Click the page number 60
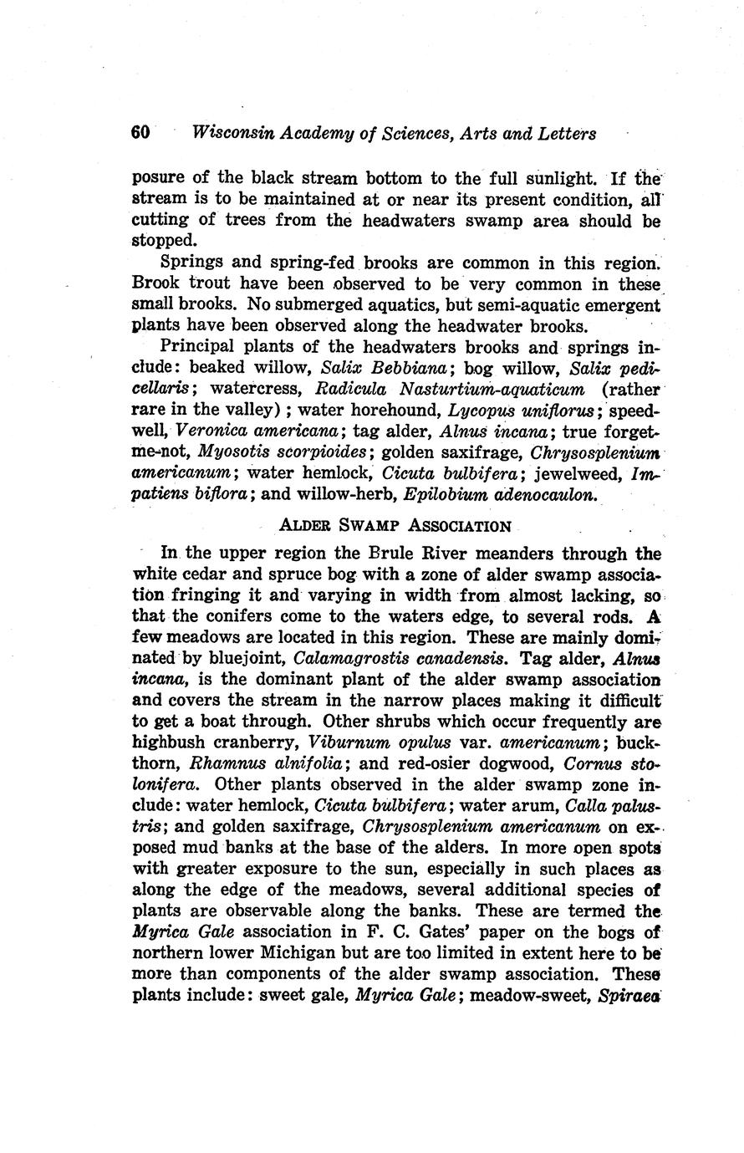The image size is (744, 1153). [x=140, y=133]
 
